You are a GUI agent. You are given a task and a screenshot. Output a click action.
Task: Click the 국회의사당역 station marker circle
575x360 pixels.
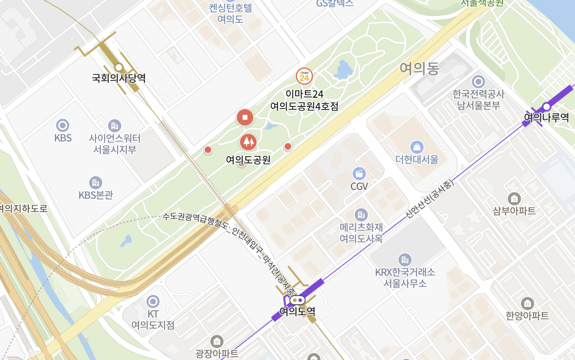pos(119,67)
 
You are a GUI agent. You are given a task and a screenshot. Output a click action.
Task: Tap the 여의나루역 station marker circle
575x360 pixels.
pos(547,107)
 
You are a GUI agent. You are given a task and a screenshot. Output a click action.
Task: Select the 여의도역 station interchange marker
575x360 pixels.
pos(297,300)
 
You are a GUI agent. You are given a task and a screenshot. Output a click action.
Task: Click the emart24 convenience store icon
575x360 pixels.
pos(304,76)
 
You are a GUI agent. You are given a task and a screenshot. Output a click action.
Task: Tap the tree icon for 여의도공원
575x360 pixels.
pos(248,142)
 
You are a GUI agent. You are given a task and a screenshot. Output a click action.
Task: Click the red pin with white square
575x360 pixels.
pos(245,118)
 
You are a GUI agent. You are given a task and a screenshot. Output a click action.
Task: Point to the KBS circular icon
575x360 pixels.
pos(63,125)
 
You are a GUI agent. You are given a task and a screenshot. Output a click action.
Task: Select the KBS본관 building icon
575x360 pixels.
pos(96,182)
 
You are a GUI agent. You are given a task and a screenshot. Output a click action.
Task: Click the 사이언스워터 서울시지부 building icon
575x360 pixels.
pos(114,126)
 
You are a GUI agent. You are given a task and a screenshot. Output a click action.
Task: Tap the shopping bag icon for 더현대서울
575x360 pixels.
pos(417,147)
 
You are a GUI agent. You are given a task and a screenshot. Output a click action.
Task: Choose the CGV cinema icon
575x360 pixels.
pos(359,174)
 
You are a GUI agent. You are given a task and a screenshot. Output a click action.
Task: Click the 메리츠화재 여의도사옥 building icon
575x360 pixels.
pos(361,215)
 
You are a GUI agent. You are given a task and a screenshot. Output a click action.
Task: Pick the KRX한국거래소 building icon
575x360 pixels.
pos(405,260)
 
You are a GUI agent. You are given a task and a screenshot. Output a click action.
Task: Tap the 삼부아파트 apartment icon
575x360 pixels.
pos(514,199)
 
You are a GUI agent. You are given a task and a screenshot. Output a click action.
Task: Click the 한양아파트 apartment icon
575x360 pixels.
pos(527,304)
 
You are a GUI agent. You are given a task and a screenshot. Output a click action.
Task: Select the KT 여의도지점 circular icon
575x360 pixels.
pos(153,301)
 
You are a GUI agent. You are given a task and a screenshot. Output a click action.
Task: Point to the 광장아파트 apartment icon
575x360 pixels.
pos(217,341)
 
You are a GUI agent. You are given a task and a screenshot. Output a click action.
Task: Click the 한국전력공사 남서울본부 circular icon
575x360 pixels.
pos(478,82)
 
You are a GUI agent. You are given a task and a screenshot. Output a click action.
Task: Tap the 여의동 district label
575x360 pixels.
pos(419,68)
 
